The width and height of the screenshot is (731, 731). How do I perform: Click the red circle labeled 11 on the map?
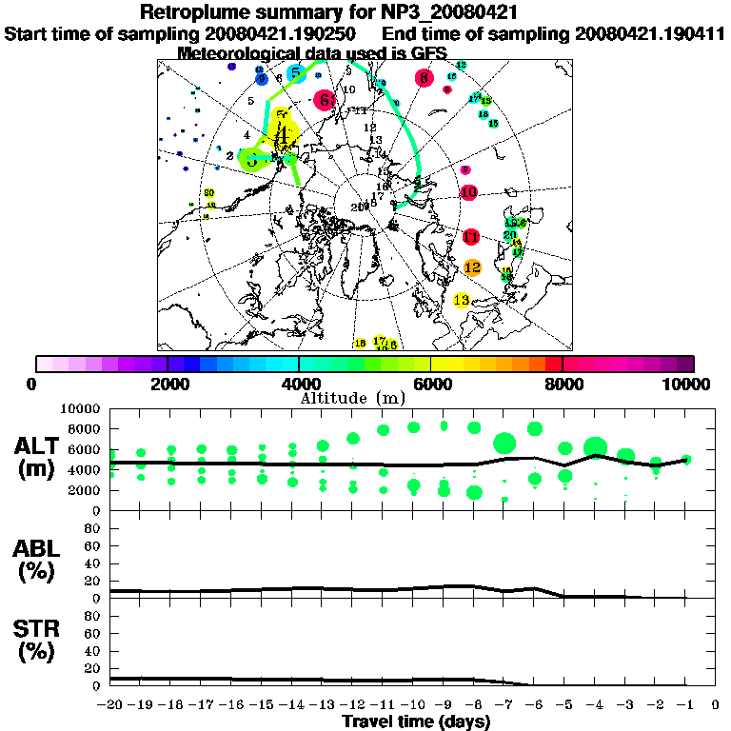point(471,237)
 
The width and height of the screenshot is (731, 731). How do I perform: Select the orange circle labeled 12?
point(472,268)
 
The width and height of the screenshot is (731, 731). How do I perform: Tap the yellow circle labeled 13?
point(463,301)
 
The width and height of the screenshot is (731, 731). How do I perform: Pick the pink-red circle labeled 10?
point(468,192)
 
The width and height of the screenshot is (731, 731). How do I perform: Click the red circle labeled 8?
point(424,79)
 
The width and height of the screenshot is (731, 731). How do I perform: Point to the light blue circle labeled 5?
point(295,73)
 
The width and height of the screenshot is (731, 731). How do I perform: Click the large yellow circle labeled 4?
point(282,134)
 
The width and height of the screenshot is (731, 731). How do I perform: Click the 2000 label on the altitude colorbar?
point(168,384)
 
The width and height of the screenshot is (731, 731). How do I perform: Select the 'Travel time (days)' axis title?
point(416,722)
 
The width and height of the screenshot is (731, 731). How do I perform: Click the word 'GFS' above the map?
point(429,53)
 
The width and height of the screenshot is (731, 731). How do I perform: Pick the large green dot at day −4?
point(596,447)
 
